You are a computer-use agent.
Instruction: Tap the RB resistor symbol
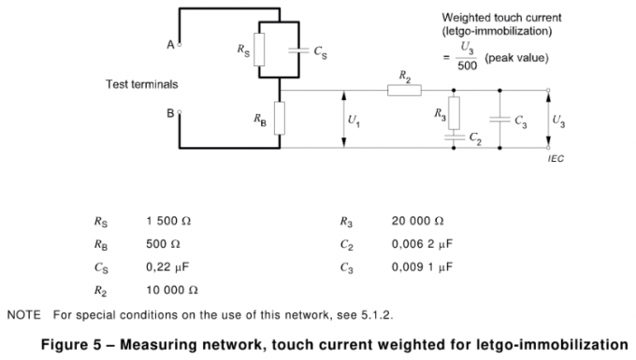click(278, 119)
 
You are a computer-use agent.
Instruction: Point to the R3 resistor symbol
click(455, 113)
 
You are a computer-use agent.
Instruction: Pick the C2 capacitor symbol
click(455, 136)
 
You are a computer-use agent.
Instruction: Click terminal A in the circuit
click(180, 43)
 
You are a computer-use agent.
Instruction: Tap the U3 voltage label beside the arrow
click(558, 120)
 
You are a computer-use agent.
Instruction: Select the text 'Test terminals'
click(141, 84)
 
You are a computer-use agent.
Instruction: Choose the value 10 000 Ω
click(172, 289)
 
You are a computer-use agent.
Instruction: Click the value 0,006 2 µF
click(422, 244)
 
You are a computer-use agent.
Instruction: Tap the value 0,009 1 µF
click(422, 266)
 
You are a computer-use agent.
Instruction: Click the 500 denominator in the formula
click(468, 65)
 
